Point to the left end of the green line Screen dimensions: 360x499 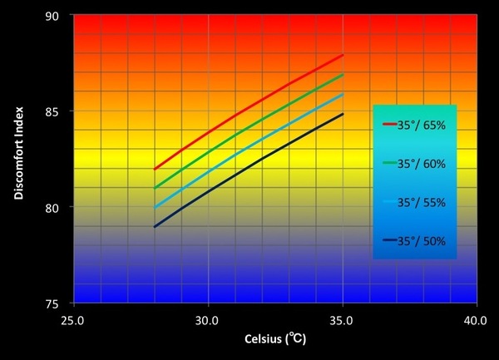pyautogui.click(x=154, y=188)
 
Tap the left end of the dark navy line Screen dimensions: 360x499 pyautogui.click(x=154, y=227)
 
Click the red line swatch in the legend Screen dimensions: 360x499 pyautogui.click(x=392, y=126)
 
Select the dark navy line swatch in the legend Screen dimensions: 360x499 pyautogui.click(x=392, y=241)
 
